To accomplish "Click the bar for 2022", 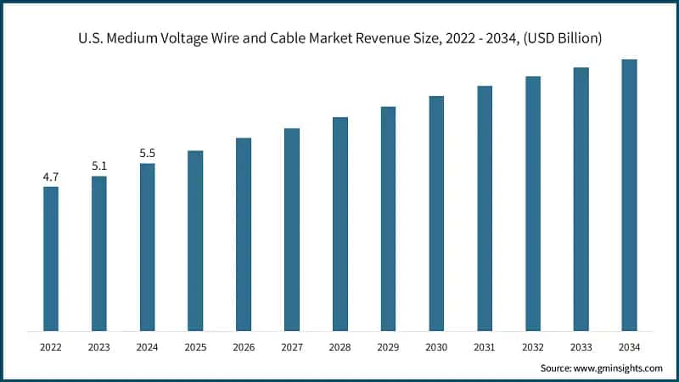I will [x=51, y=259].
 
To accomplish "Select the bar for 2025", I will [x=195, y=241].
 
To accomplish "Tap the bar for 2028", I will [x=339, y=224].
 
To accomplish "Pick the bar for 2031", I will [x=485, y=208].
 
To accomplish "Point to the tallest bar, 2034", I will [x=629, y=195].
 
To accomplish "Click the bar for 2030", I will [x=436, y=213].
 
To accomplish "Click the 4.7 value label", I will [x=51, y=177].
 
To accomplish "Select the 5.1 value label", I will [x=99, y=166].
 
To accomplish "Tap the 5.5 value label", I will [x=148, y=154].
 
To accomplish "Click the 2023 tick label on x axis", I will [x=99, y=347].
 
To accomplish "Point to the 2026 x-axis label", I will [x=244, y=347].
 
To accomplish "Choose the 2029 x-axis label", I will [x=388, y=347].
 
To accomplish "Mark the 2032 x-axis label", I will [x=532, y=347].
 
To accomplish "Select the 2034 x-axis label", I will [x=629, y=347].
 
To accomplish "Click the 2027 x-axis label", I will [x=292, y=347].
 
